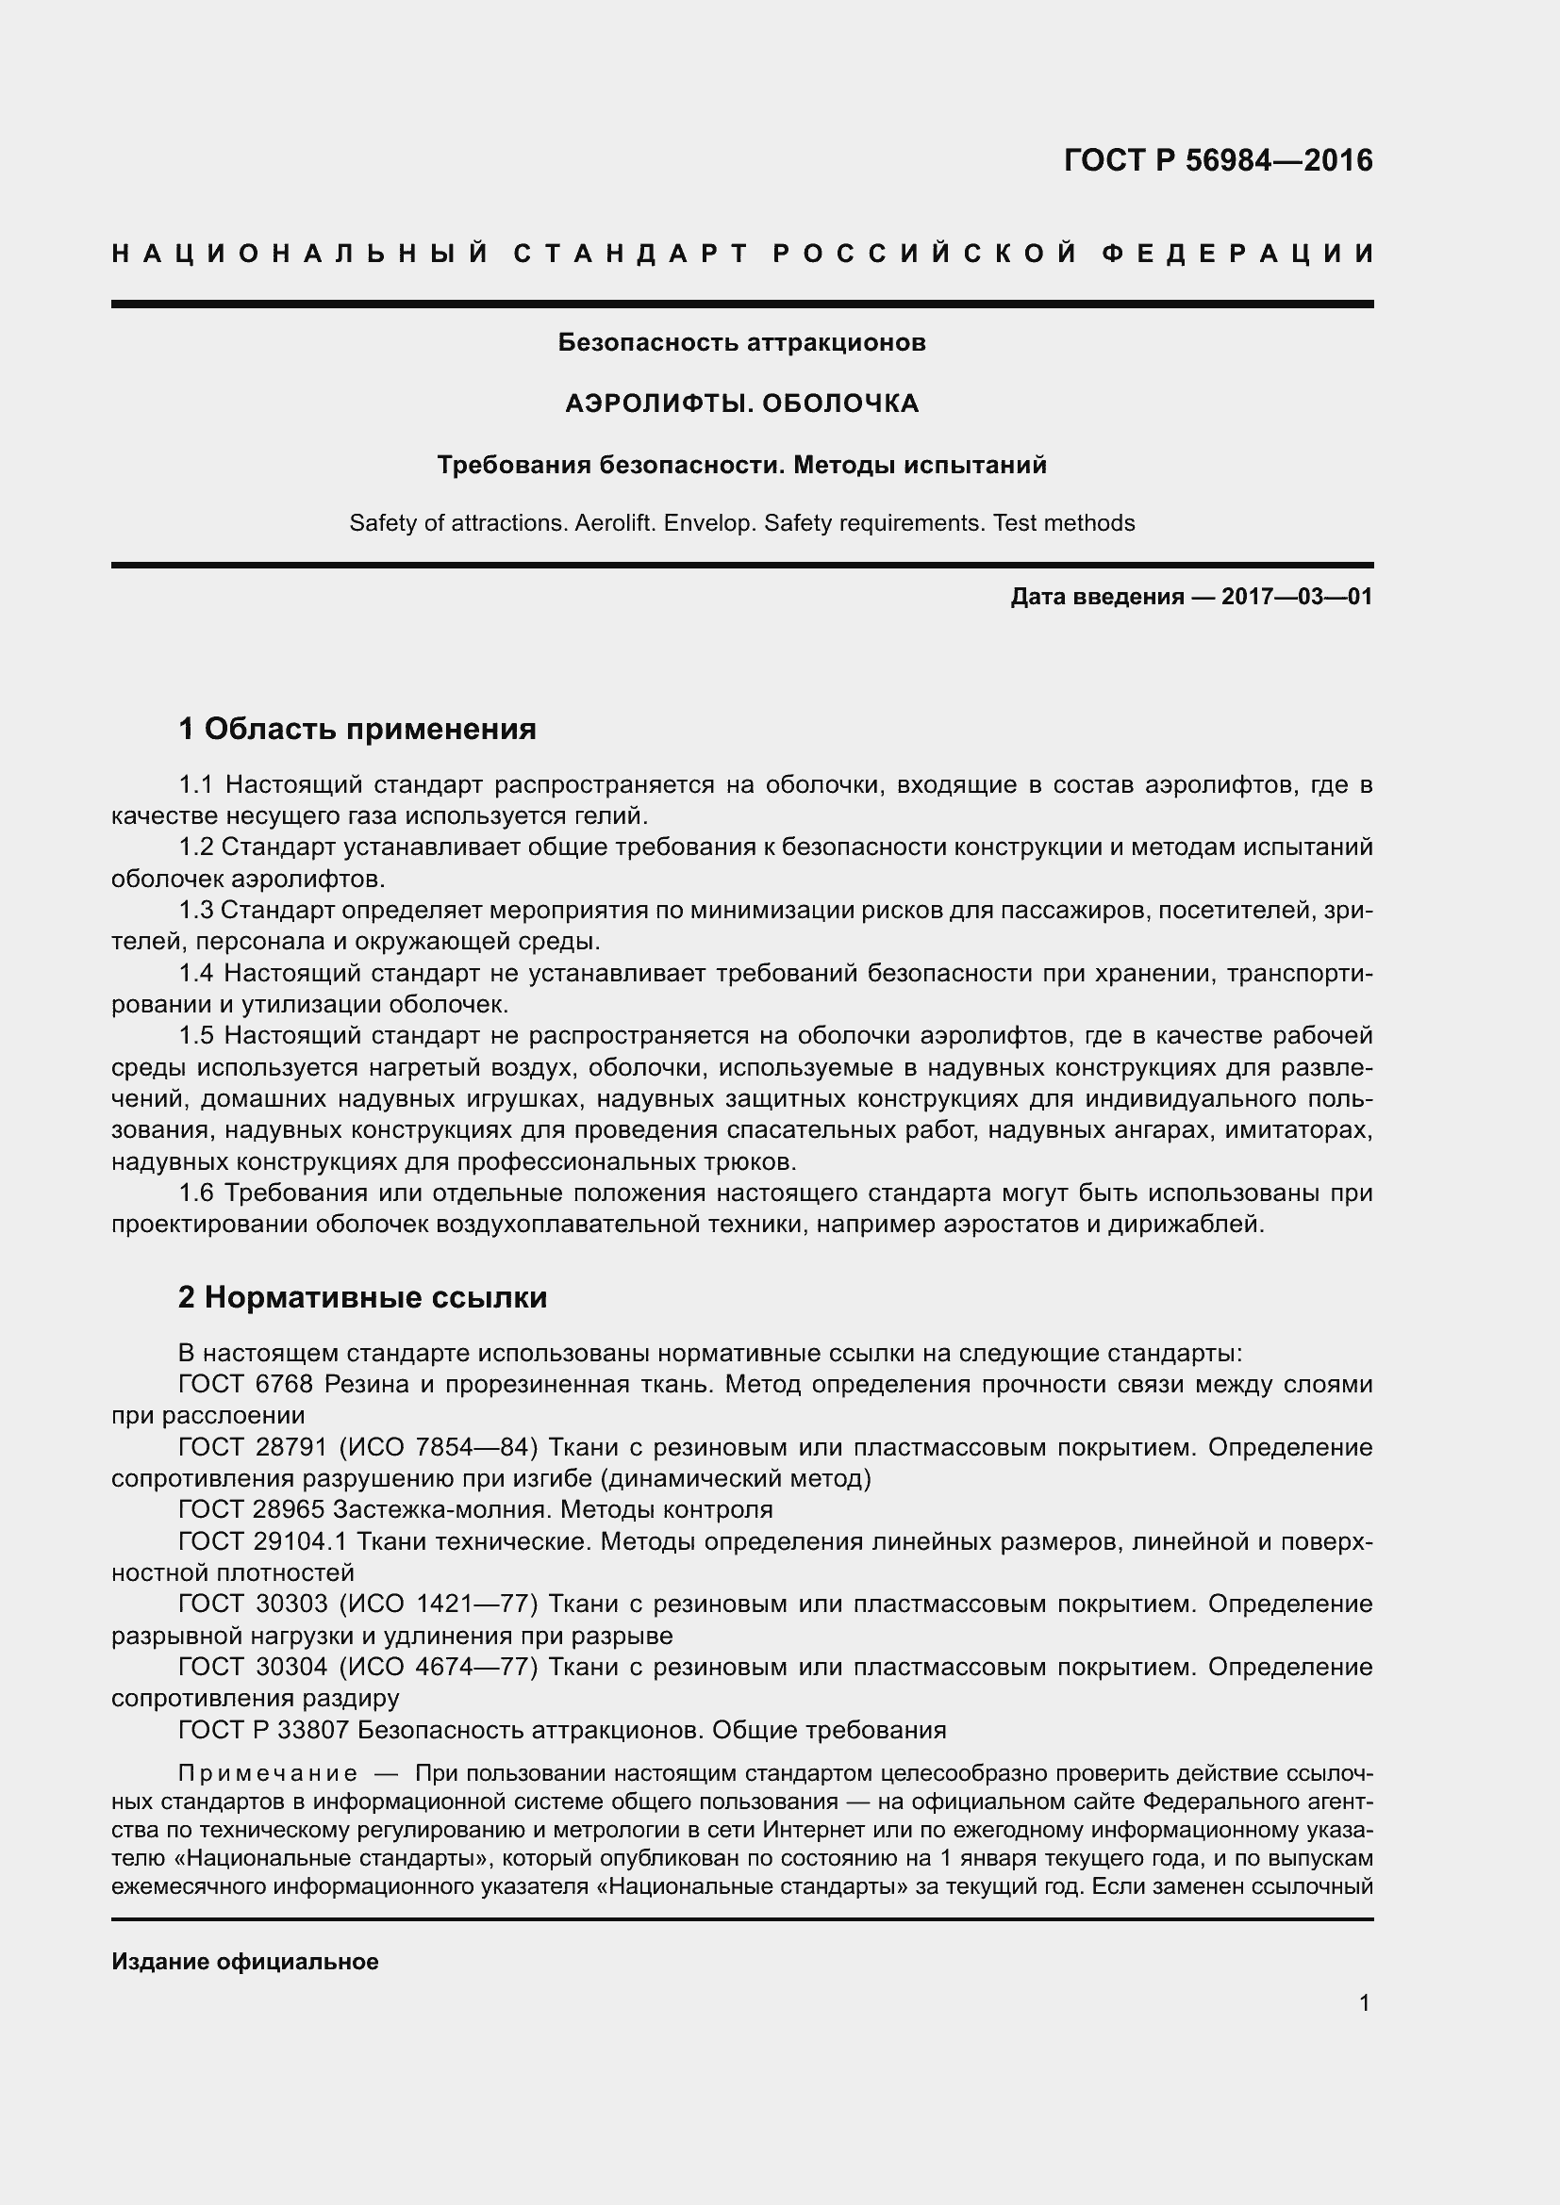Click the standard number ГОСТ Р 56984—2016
pos(1218,160)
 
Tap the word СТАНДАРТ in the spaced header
pos(631,254)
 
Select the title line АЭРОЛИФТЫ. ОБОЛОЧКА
pos(741,403)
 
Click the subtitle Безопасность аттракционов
pos(741,342)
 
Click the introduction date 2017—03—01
pos(1296,597)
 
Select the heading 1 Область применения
pos(357,729)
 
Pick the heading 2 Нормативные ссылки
pos(362,1296)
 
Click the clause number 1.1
pos(196,784)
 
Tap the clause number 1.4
pos(196,973)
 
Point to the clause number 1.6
pos(196,1193)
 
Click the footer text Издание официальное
pos(245,1961)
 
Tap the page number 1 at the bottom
pos(1364,2002)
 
